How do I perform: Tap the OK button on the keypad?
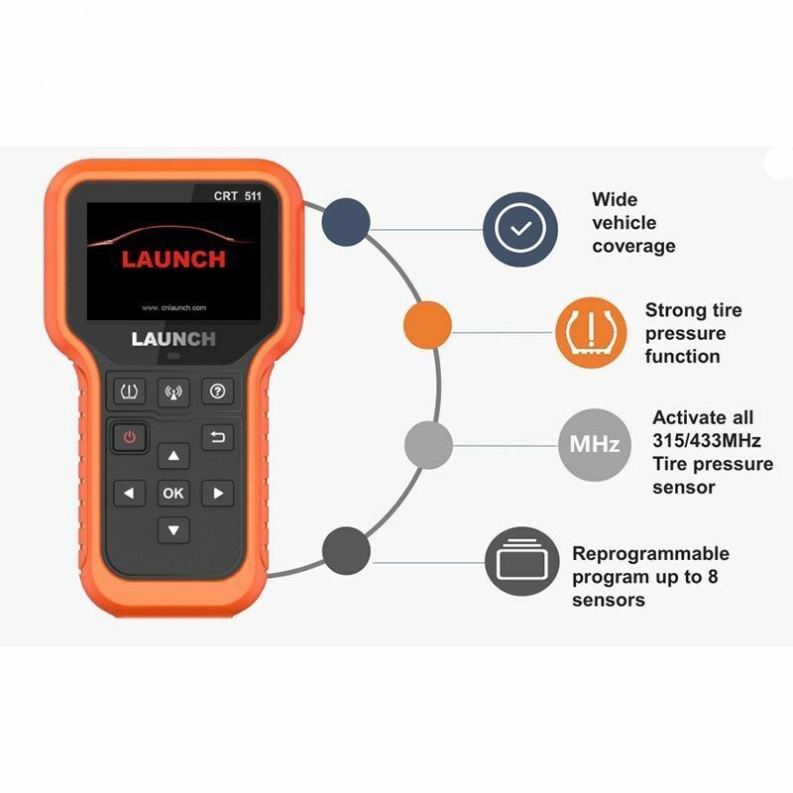[173, 493]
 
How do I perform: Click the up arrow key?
[173, 455]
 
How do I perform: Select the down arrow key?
[173, 530]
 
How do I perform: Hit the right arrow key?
[217, 493]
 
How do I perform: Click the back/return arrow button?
[217, 436]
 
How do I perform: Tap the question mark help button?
[217, 392]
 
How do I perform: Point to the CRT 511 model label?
[238, 195]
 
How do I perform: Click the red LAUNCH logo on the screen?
[173, 259]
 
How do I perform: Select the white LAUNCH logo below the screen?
[173, 339]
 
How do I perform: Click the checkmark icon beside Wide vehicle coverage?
[520, 230]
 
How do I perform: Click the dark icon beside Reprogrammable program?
[522, 561]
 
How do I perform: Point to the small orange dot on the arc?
[428, 324]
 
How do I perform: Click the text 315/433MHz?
[706, 440]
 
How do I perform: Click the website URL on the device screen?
[173, 307]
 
